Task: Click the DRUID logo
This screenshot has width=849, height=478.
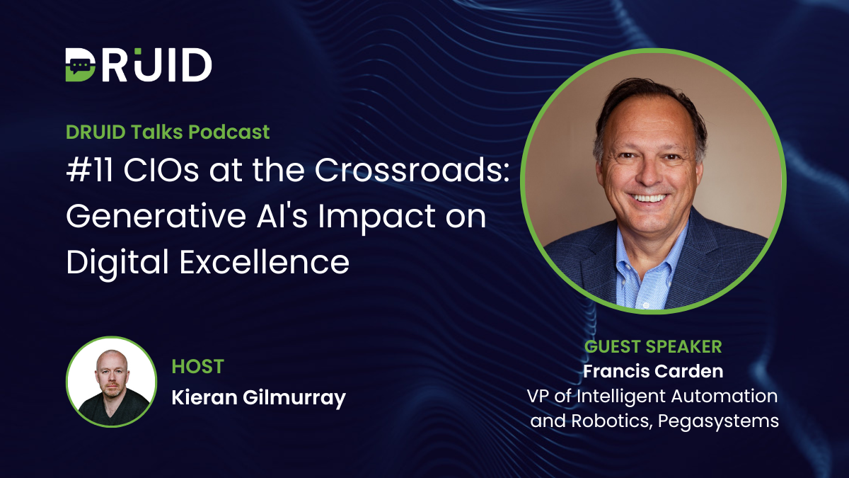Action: click(x=139, y=66)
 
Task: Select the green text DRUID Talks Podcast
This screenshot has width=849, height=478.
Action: click(x=168, y=132)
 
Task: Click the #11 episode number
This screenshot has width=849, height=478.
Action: click(x=86, y=171)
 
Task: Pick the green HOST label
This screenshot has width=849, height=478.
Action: click(x=197, y=367)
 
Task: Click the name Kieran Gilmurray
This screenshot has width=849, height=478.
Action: click(x=258, y=398)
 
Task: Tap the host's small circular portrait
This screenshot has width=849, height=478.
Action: click(x=111, y=382)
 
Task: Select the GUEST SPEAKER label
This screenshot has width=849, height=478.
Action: click(x=653, y=346)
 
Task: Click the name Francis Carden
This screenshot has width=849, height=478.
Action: click(x=653, y=372)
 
